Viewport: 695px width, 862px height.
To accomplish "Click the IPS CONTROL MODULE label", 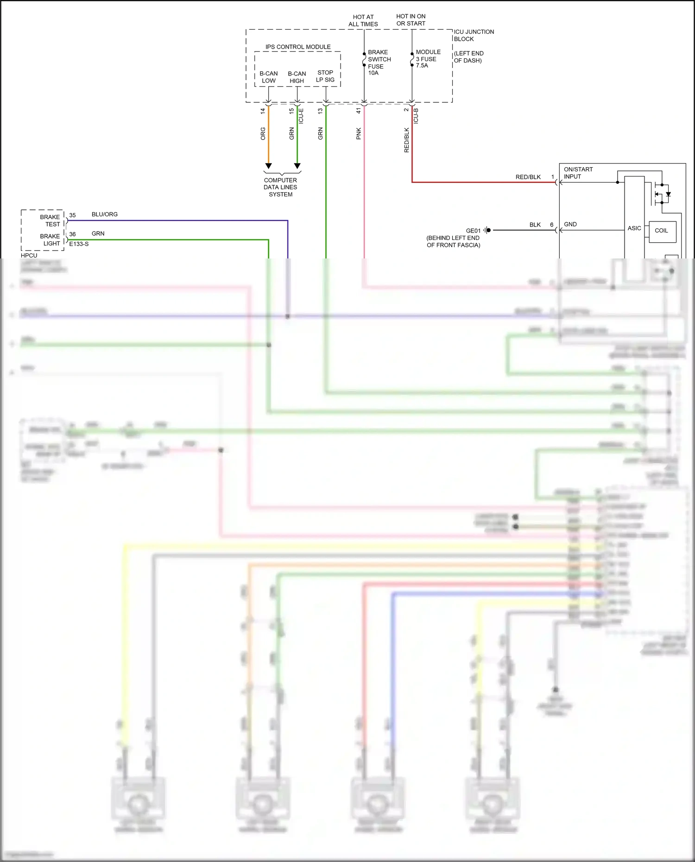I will click(298, 47).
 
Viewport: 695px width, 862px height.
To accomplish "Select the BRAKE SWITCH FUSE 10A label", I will click(379, 63).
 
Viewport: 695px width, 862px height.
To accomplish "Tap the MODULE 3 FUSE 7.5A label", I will click(428, 59).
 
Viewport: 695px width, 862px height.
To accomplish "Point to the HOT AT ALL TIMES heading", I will click(363, 20).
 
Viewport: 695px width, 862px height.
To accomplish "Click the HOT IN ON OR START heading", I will click(411, 20).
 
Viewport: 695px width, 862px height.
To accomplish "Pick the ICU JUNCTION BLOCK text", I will click(474, 35).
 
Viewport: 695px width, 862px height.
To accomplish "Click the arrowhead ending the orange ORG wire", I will click(268, 166).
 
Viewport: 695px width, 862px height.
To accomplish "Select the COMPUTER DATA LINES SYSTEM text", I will click(280, 187).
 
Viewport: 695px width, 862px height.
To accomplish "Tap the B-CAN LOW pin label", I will click(269, 77).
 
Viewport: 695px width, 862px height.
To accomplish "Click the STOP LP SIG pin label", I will click(325, 76).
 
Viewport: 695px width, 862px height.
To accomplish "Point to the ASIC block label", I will click(634, 228).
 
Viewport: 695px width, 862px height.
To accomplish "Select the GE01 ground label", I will click(473, 231).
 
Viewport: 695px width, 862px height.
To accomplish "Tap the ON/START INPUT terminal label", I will click(578, 173).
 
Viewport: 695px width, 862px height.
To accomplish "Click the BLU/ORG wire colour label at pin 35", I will click(105, 214).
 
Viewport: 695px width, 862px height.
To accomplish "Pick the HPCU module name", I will click(29, 255).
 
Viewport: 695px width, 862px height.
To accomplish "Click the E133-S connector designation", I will click(79, 244).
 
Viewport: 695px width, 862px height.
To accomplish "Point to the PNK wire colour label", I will click(359, 134).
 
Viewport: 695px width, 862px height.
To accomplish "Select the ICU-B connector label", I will click(416, 116).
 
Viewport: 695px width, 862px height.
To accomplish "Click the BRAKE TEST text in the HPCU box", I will click(50, 220).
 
